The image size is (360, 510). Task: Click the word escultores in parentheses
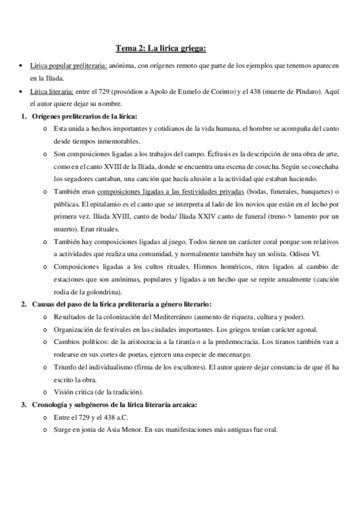pyautogui.click(x=199, y=367)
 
